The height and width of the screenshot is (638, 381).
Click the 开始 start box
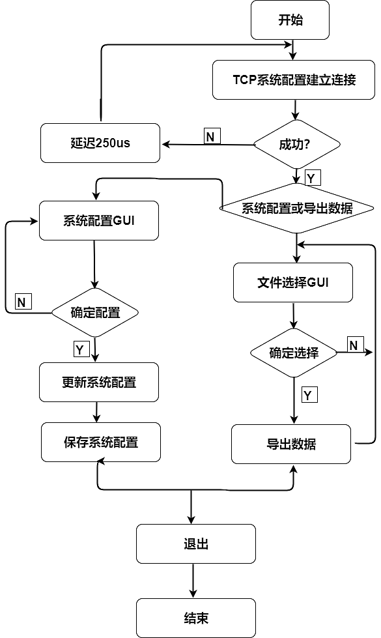tap(290, 20)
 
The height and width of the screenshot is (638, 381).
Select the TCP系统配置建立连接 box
tap(294, 80)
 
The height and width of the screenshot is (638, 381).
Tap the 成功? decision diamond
tap(296, 144)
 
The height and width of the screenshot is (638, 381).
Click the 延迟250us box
tap(100, 143)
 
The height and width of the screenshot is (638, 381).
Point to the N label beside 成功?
tap(212, 136)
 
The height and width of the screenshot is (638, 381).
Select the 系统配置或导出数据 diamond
tap(297, 209)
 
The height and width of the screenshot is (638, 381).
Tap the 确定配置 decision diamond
tap(95, 312)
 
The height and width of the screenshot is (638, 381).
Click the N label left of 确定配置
tap(22, 302)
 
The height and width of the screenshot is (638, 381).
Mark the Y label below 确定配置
tap(80, 349)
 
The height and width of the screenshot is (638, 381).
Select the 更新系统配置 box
tap(99, 382)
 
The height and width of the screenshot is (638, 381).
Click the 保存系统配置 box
tap(101, 442)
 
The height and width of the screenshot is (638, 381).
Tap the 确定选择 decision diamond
tap(294, 353)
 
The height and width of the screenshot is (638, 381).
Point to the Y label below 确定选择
tap(309, 394)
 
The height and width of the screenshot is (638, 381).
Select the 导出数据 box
tap(291, 444)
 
